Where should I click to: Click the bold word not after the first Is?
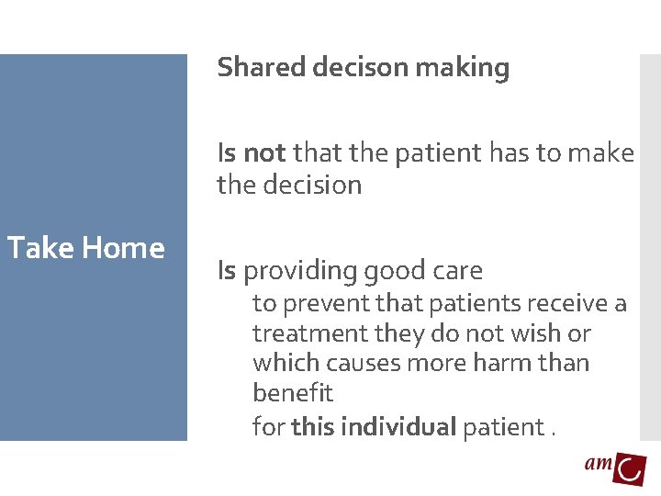(265, 152)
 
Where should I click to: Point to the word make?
(601, 152)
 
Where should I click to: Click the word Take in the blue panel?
(40, 248)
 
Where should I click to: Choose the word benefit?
(293, 393)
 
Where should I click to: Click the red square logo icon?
(631, 468)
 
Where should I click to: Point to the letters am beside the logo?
(599, 465)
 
